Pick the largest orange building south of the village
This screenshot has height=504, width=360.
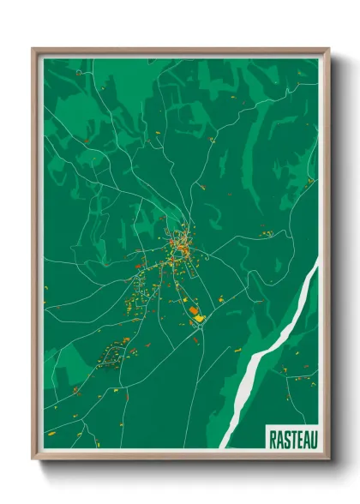[x=193, y=309]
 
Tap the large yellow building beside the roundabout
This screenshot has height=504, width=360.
[x=199, y=318]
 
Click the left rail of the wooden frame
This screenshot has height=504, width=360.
[x=36, y=257]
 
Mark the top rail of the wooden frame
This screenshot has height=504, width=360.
[x=180, y=51]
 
